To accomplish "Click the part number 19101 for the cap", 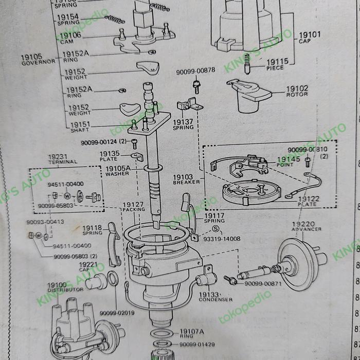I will pyautogui.click(x=309, y=35).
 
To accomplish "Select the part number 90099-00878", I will pyautogui.click(x=195, y=71).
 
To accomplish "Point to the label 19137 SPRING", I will pyautogui.click(x=183, y=124).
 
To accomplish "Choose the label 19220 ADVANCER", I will pyautogui.click(x=307, y=226).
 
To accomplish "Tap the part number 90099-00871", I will pyautogui.click(x=263, y=283).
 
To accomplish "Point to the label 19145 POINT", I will pyautogui.click(x=289, y=163).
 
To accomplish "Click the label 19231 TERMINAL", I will pyautogui.click(x=63, y=158).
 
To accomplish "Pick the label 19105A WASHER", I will pyautogui.click(x=118, y=171).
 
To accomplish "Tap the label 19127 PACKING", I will pyautogui.click(x=133, y=207).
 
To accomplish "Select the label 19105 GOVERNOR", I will pyautogui.click(x=38, y=59).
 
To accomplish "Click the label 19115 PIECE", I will pyautogui.click(x=277, y=64).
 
